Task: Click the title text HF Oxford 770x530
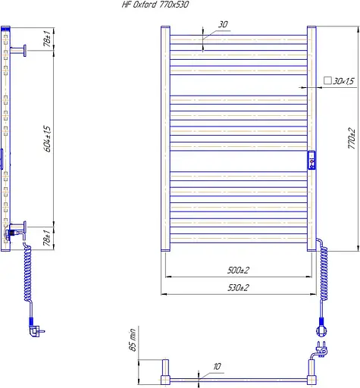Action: coord(155,5)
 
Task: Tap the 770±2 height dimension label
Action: coord(352,138)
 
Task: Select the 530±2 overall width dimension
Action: coord(238,288)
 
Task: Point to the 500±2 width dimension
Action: coord(238,271)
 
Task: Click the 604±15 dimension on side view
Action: coord(47,139)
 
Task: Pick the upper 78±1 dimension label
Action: coord(47,39)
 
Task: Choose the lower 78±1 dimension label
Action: coord(47,238)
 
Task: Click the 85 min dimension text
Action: coord(133,339)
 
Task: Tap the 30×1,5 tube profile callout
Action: coord(343,81)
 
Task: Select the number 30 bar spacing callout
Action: coord(223,24)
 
